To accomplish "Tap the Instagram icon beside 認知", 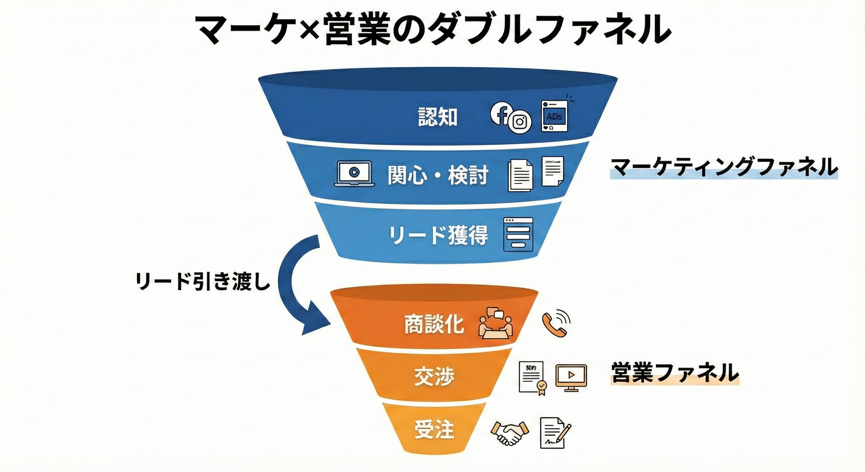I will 520,122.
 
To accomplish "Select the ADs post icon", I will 554,116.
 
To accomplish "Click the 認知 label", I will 437,117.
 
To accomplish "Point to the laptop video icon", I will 354,174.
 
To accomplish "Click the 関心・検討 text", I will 438,175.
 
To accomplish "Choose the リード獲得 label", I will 438,235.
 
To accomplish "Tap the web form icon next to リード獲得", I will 518,234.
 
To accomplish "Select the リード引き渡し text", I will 203,281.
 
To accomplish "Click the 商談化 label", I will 433,324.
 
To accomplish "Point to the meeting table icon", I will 495,323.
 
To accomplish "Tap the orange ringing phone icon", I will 556,323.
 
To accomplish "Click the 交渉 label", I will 434,376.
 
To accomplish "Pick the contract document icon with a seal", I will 533,378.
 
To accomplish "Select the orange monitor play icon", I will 571,377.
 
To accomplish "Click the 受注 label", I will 434,429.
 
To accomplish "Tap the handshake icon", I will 510,433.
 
